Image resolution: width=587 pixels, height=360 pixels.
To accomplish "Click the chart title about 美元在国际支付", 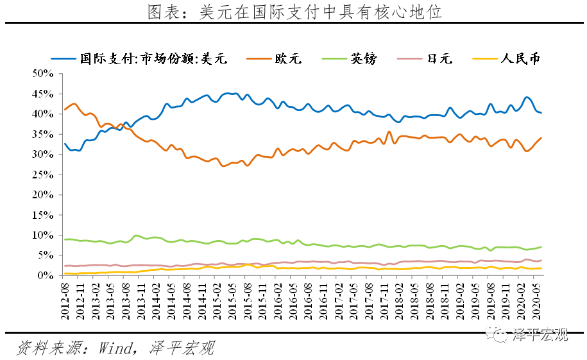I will (294, 12).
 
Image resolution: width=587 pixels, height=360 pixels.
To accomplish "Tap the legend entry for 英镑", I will (363, 58).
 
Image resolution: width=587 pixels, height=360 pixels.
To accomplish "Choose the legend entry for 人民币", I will (520, 58).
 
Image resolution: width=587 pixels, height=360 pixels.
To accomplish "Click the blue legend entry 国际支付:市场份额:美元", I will (150, 58).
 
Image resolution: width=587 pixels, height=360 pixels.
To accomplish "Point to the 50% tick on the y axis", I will (42, 73).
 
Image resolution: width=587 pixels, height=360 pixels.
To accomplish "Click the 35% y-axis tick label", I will (42, 134).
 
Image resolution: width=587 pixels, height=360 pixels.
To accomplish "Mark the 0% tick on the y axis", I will (45, 275).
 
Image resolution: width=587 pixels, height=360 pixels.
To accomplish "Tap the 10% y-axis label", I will (42, 236).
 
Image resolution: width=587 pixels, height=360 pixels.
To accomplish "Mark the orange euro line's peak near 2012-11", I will (74, 103).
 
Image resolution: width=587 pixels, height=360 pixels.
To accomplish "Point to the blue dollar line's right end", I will (541, 112).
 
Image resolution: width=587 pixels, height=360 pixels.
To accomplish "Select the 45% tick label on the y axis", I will (42, 94).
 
